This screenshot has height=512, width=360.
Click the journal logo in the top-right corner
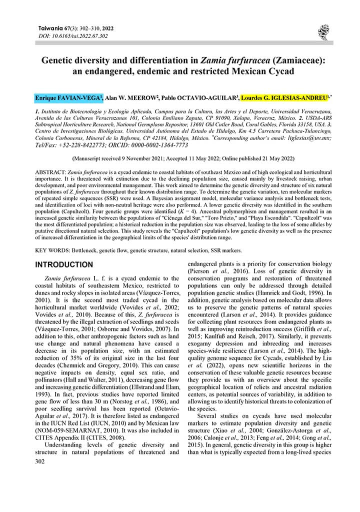pyautogui.click(x=322, y=32)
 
